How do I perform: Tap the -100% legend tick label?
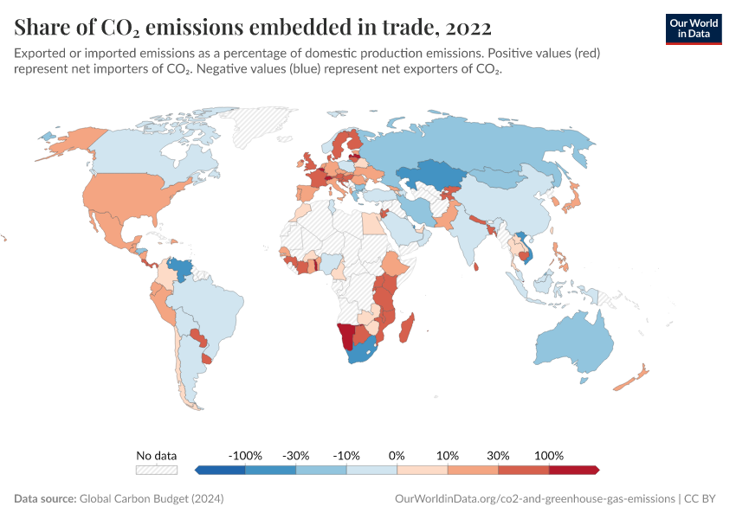click(x=245, y=455)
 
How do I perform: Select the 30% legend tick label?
click(x=498, y=455)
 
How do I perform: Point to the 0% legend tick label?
click(x=397, y=455)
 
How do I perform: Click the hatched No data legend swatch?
click(x=156, y=470)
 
